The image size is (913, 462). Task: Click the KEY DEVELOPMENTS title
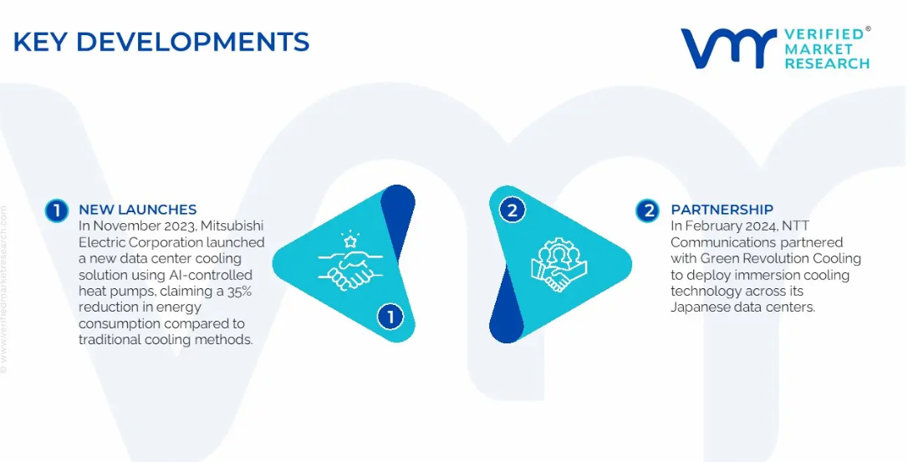point(161,42)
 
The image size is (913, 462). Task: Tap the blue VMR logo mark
point(728,48)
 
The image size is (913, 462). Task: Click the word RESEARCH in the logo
point(827,63)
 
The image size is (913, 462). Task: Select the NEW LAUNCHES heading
point(137,210)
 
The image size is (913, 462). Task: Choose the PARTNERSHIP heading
point(722,210)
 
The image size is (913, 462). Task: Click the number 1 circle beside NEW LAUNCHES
point(57,211)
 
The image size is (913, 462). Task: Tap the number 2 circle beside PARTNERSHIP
point(647,211)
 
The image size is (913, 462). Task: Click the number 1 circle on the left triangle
point(390,317)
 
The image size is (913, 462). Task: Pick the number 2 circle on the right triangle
point(513,210)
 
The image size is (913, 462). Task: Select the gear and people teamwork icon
point(559,265)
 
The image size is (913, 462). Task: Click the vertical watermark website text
point(4,289)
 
